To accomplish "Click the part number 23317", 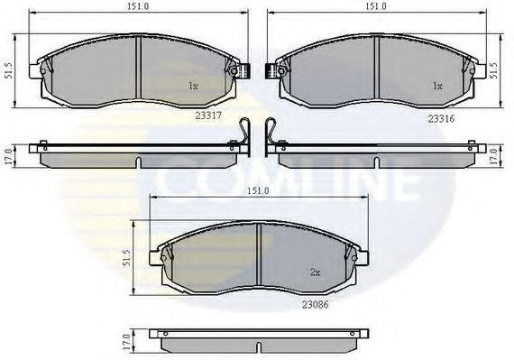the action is coord(208,115).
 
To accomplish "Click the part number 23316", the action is coord(441,119).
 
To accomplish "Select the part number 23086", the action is coord(315,305).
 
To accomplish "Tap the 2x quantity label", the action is coord(315,272).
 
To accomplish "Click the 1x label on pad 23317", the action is coord(193,86).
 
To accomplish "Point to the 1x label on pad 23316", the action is coord(437,86).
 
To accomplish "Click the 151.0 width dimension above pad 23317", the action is coord(138,6).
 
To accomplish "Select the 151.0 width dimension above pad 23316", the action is coord(376,6).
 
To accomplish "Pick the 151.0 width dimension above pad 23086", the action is coord(258,190).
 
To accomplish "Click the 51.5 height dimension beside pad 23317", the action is coord(9,70).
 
